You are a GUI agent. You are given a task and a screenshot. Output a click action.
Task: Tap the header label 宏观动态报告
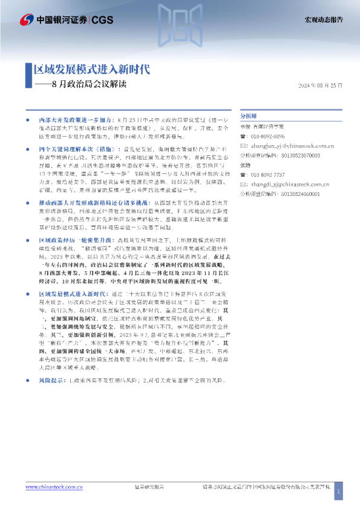(322, 20)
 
